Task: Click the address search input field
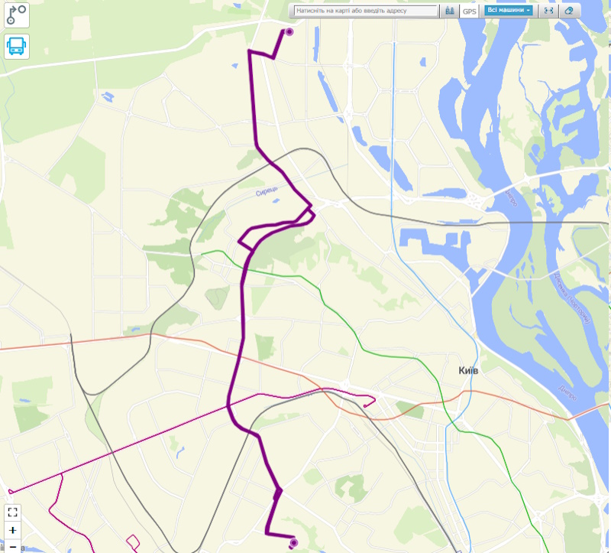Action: click(365, 11)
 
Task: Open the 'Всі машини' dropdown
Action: click(508, 11)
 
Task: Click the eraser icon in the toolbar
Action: click(567, 11)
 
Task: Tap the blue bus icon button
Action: click(16, 47)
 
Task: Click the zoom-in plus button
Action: click(13, 530)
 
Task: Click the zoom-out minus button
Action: click(13, 547)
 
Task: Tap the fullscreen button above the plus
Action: click(13, 512)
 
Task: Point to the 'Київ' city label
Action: click(468, 370)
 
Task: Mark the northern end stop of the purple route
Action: click(289, 32)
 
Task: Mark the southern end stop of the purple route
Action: click(294, 543)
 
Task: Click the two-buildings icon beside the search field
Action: click(450, 11)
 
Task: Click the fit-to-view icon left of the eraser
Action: click(548, 11)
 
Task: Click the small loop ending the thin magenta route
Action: click(370, 401)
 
